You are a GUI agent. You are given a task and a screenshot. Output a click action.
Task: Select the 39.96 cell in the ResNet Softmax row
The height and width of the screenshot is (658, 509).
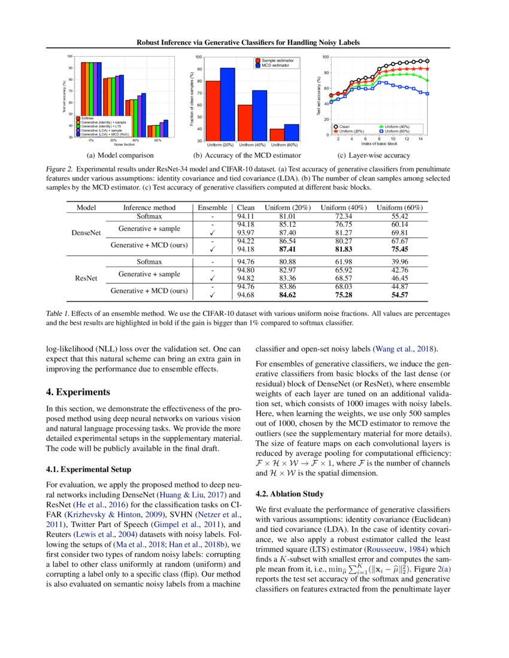pos(399,261)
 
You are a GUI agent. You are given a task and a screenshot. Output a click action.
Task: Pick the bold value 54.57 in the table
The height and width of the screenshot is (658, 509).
pos(399,295)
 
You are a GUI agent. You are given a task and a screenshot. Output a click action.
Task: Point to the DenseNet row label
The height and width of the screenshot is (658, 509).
pos(81,232)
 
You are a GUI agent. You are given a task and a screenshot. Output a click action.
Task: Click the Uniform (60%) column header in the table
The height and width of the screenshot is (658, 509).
pos(399,207)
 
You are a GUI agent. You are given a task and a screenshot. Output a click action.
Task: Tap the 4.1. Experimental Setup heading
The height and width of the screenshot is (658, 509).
pos(87,469)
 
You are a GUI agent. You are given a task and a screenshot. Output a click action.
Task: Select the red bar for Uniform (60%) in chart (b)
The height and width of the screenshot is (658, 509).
pos(277,135)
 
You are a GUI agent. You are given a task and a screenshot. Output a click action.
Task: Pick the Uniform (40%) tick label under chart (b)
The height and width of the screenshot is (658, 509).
pos(252,145)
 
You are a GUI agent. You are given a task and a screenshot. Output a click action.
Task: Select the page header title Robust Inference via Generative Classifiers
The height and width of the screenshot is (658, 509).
pos(255,42)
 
